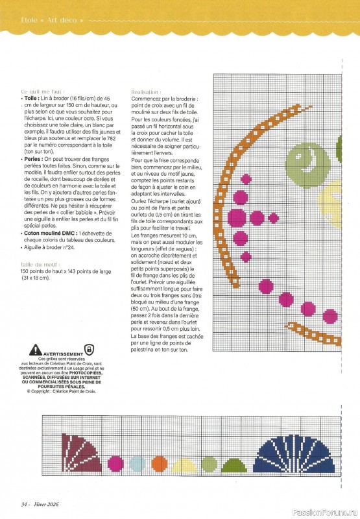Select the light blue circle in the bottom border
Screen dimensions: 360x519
coord(138,463)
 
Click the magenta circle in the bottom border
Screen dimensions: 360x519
coord(116,463)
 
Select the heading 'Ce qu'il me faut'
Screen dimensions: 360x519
coord(42,92)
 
